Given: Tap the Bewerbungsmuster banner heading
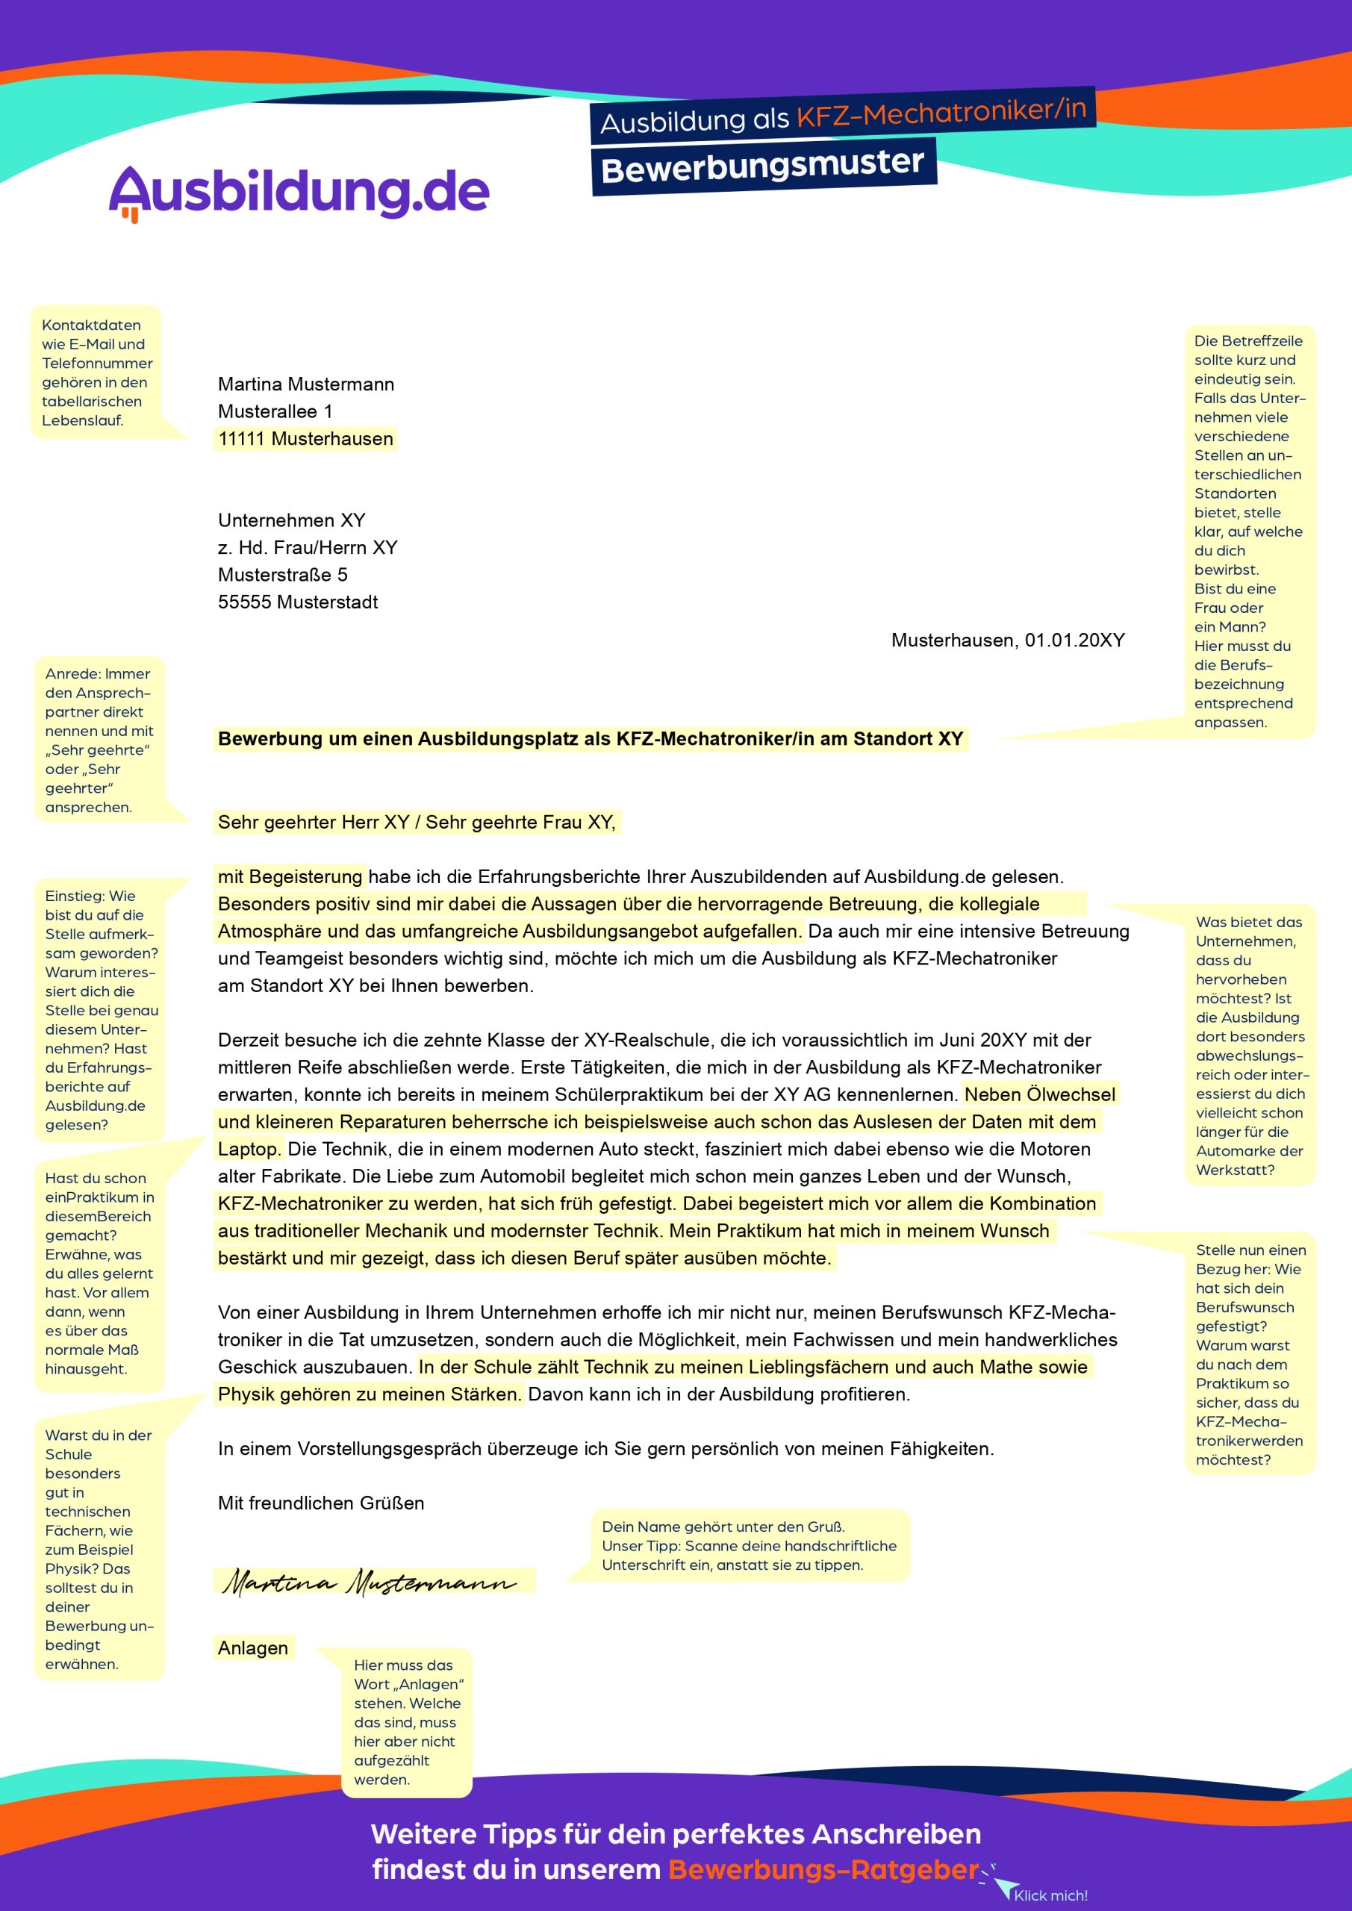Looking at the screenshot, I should [x=762, y=166].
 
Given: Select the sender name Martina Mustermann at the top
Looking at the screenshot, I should [x=305, y=384].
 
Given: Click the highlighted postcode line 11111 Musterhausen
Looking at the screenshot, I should [x=305, y=439].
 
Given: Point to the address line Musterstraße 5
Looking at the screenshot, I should [x=282, y=575].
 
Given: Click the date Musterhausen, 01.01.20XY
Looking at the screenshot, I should [x=1007, y=640].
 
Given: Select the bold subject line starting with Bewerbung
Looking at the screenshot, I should [x=591, y=739].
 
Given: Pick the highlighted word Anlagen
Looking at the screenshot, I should [x=253, y=1648].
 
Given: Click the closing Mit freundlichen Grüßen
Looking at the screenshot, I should [x=320, y=1503].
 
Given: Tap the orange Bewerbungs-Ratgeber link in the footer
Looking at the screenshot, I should [x=823, y=1869].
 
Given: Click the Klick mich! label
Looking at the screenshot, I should [x=1050, y=1895].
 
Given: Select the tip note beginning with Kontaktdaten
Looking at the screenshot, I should [x=96, y=372].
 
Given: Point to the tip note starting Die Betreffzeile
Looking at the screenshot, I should [x=1249, y=531].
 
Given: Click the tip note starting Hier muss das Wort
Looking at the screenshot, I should [x=407, y=1722].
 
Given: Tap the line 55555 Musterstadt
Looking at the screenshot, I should [x=297, y=602].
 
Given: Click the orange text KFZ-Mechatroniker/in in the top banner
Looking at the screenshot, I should [x=941, y=111].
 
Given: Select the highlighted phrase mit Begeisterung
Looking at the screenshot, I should [x=290, y=876].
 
